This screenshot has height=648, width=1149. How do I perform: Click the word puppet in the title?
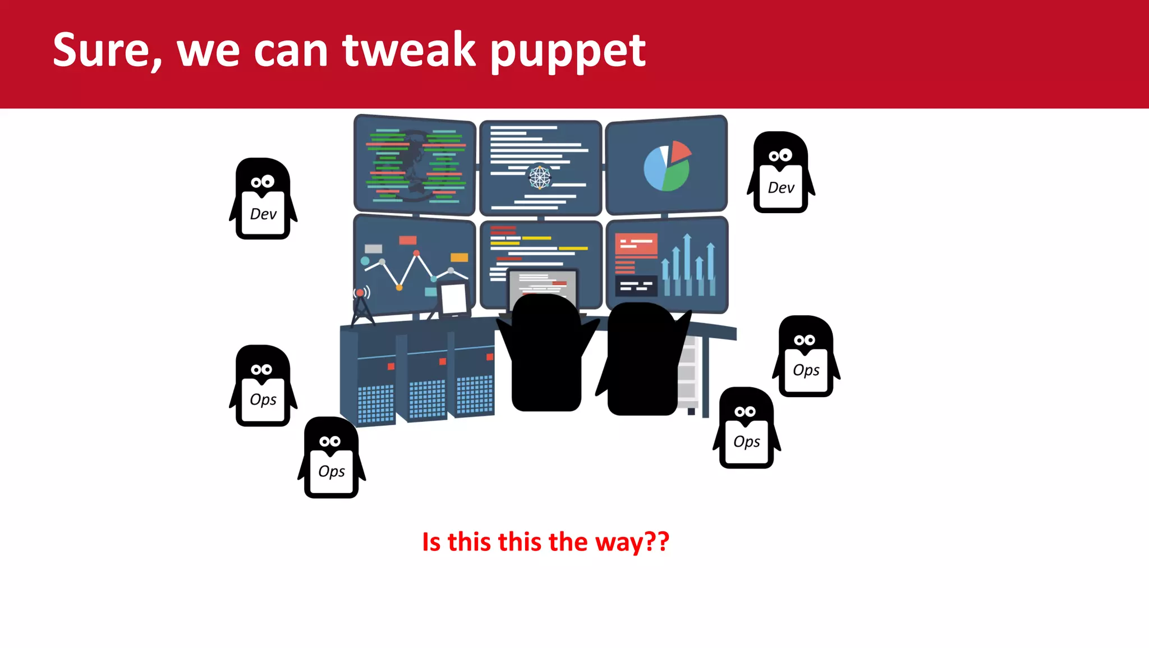point(568,52)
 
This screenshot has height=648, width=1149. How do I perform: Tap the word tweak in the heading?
point(409,50)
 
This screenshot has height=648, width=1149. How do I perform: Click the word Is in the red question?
point(431,542)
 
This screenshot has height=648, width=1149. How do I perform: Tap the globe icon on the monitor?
point(540,177)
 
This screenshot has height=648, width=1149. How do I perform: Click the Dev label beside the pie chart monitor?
point(781,188)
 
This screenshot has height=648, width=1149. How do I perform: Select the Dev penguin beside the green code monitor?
point(263,199)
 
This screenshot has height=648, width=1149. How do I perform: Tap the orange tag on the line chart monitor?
point(459,258)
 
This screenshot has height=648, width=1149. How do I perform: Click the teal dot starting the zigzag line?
point(365,261)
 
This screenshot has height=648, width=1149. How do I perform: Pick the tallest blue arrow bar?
point(687,264)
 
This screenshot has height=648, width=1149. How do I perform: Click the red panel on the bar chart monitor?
point(636,245)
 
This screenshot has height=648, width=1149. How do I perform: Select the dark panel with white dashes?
point(636,286)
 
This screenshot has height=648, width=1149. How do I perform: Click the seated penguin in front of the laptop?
point(546,353)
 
